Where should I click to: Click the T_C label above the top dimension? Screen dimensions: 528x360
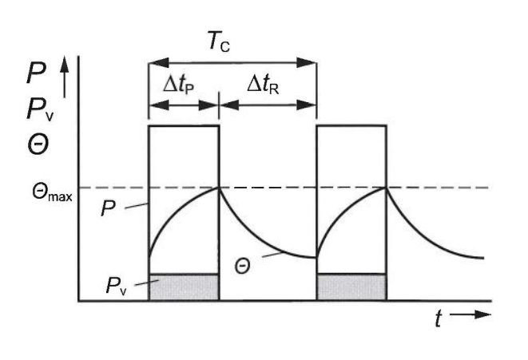pos(219,42)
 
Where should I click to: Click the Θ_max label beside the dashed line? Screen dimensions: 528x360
pos(52,193)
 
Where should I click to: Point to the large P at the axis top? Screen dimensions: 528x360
pos(37,73)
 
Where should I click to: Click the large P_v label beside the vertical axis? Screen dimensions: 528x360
pos(40,109)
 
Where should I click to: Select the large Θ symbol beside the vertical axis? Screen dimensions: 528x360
pos(38,145)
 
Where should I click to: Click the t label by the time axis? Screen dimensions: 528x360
pos(438,318)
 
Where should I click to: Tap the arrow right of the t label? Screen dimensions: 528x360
pos(470,315)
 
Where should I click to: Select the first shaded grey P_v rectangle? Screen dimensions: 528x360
pos(184,287)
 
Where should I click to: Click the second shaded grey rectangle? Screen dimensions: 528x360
pos(351,287)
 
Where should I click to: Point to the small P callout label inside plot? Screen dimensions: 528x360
pos(109,208)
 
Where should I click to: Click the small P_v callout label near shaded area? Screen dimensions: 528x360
pos(116,286)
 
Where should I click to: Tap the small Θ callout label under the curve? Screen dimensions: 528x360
pos(243,267)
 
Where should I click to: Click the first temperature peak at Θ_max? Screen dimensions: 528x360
pos(219,188)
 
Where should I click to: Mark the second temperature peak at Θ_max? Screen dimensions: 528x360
pos(386,188)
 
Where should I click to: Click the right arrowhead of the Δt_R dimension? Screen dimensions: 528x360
pos(306,105)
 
